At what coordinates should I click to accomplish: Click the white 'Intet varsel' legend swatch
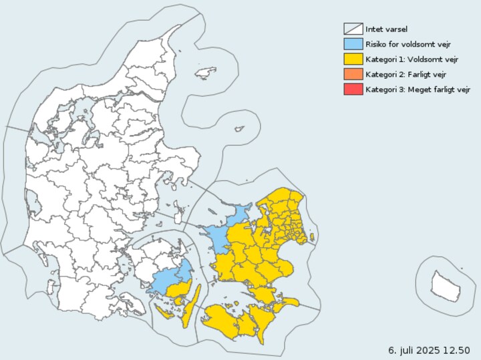coord(353,29)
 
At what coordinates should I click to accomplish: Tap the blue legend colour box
coord(353,43)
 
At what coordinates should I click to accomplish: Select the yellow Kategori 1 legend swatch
coord(353,59)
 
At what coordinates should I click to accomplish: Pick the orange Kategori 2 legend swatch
coord(353,73)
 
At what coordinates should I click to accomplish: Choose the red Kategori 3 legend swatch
coord(353,89)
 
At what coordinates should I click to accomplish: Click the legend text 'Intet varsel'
coord(386,29)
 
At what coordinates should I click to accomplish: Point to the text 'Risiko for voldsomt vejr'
coord(408,44)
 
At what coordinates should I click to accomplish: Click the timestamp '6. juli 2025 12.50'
coord(429,350)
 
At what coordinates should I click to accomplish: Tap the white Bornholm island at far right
coord(446,286)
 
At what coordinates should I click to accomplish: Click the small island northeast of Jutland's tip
coord(206,71)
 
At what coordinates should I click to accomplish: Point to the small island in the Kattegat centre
coord(238,130)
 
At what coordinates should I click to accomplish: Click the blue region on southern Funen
coord(170,279)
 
